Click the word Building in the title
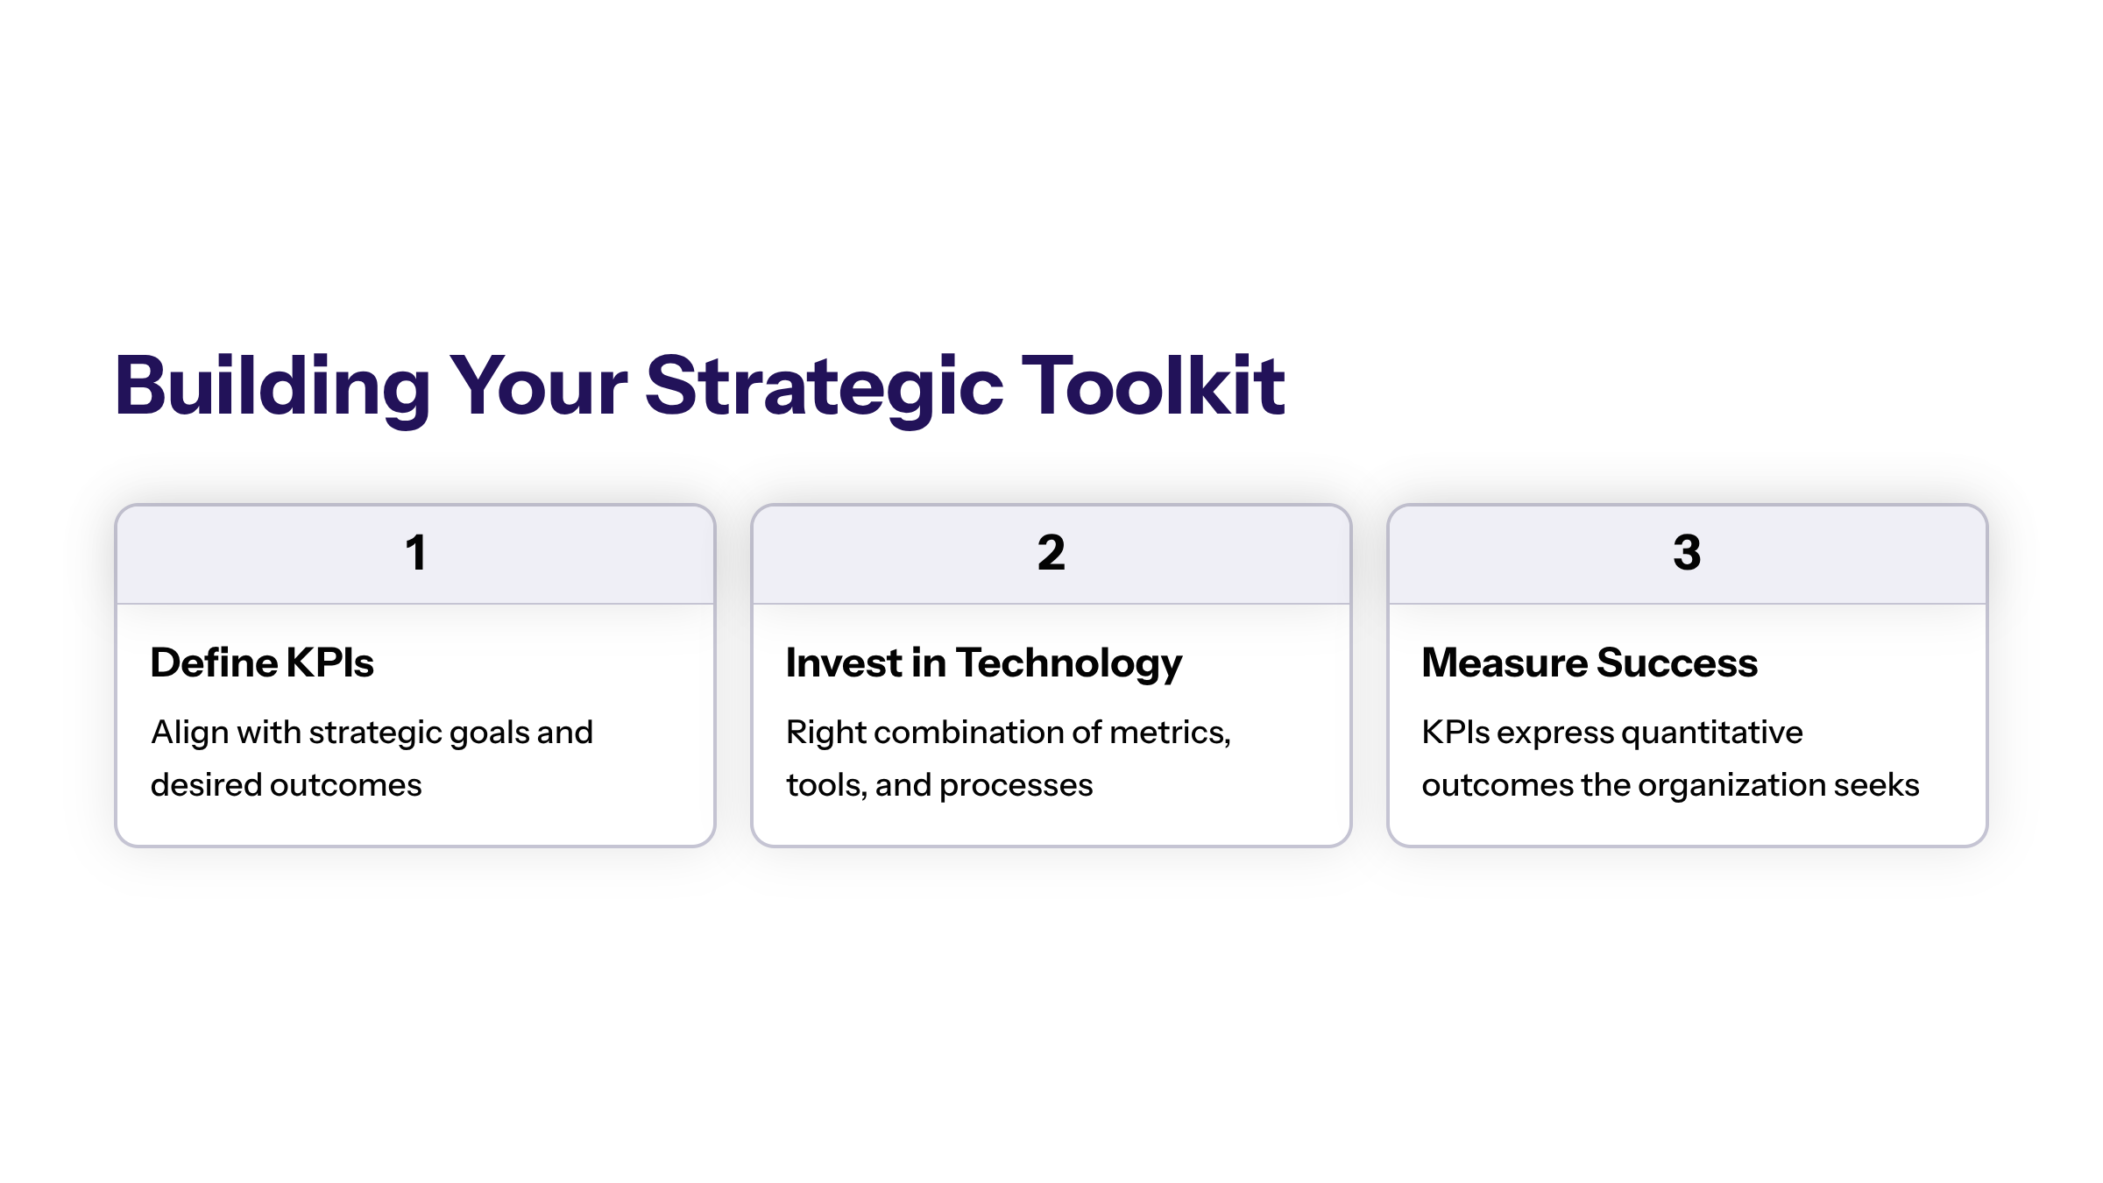pos(273,386)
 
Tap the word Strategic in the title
pos(824,386)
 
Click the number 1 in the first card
pos(415,553)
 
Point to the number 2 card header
pos(1051,554)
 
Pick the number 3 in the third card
pos(1687,553)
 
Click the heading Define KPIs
pos(262,662)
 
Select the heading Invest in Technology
pos(984,663)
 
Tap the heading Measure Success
pos(1590,662)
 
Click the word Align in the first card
pos(190,733)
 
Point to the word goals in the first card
pos(489,733)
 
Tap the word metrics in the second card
pos(1170,733)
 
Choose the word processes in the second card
pos(1016,786)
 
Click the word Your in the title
pos(538,386)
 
